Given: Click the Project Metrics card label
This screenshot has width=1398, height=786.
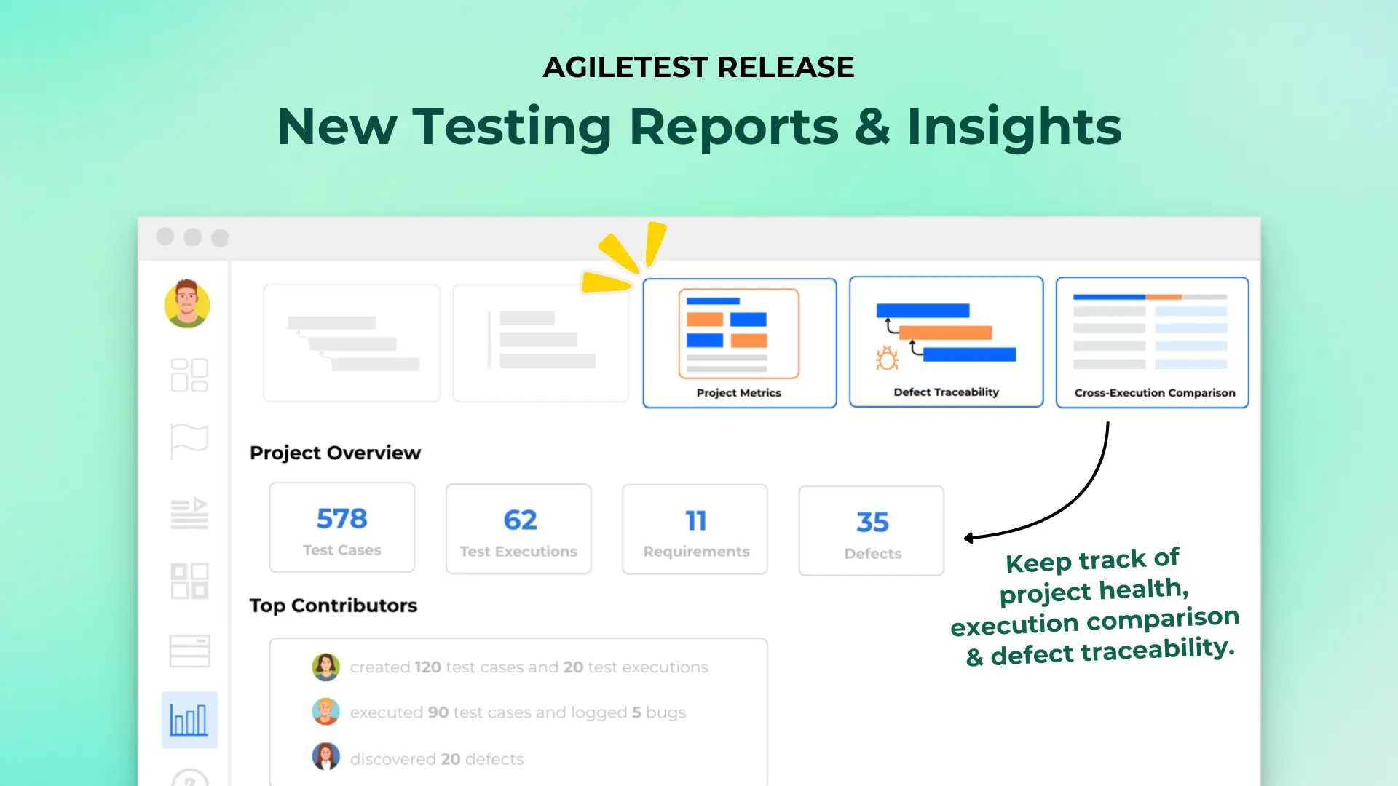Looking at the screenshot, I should click(738, 393).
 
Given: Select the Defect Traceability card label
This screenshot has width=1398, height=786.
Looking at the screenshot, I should click(946, 392).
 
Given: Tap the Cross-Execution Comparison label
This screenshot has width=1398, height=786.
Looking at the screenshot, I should click(1155, 393).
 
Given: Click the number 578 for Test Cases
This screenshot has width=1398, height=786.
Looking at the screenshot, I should click(341, 519).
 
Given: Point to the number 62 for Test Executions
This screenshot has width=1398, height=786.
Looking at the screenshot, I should click(520, 520).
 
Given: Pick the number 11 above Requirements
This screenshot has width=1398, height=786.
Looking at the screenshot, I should click(695, 521).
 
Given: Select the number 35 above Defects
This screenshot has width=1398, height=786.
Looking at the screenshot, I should click(872, 523).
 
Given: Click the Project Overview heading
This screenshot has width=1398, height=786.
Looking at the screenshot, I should click(335, 453).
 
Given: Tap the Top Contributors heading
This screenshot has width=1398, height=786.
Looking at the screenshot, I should click(333, 606).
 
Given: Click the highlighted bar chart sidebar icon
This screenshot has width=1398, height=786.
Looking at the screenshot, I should click(189, 720).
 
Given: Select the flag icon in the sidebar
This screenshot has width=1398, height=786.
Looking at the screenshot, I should click(189, 440).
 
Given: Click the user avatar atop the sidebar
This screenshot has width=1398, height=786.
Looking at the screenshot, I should click(187, 303).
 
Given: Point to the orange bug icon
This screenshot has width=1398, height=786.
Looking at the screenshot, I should click(887, 359).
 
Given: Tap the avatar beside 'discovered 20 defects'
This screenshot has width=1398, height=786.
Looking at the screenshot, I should click(325, 757).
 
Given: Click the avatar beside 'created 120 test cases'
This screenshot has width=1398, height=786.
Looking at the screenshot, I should click(325, 667).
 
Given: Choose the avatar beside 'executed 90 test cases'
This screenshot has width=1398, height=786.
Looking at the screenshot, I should click(325, 712).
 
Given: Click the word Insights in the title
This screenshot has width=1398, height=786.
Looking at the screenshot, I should click(1014, 127).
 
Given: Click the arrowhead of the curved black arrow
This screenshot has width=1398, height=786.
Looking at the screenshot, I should click(969, 539).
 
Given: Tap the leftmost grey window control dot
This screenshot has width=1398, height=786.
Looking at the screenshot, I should click(165, 237).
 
